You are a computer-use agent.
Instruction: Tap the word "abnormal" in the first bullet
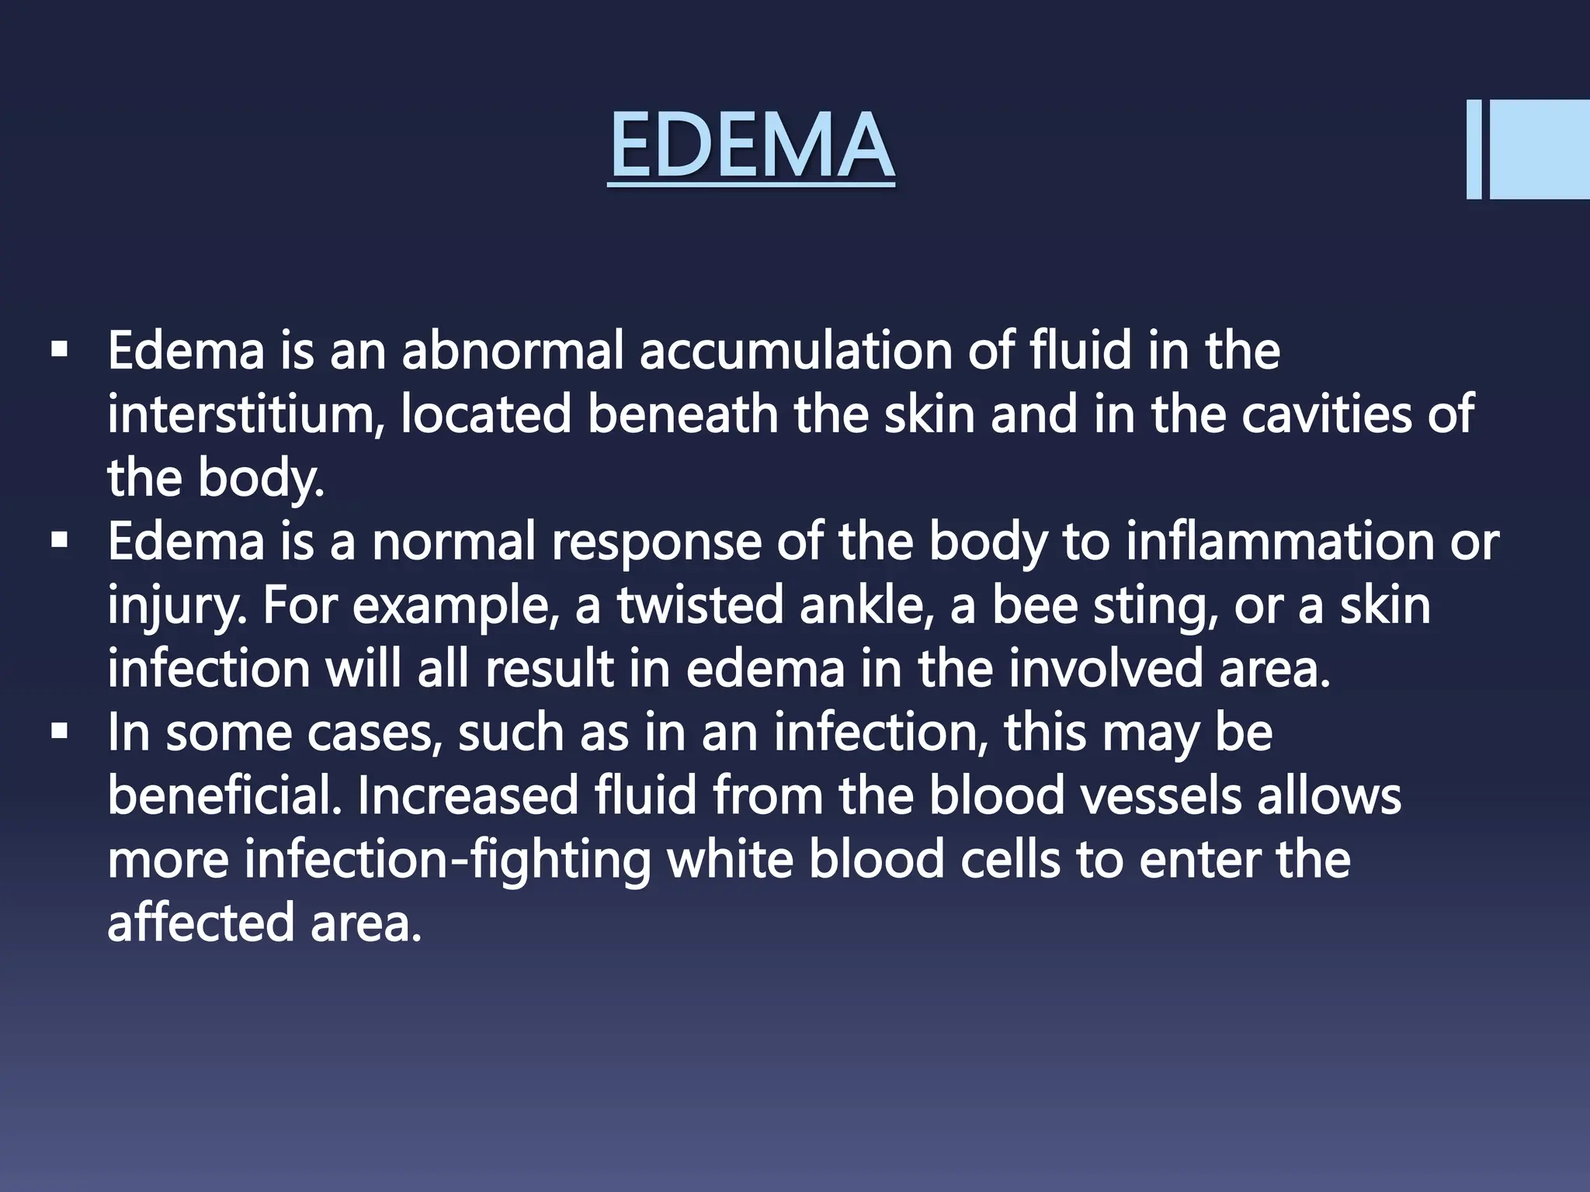coord(513,352)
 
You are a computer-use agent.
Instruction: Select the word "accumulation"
coord(797,352)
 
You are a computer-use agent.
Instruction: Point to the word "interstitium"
coord(245,415)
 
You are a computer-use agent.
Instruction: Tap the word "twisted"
coord(701,606)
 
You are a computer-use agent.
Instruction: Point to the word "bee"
coord(1034,606)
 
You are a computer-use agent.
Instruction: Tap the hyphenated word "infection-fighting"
coord(447,861)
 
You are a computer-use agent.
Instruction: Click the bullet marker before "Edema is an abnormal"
coord(58,350)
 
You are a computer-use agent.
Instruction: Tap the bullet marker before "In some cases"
coord(58,732)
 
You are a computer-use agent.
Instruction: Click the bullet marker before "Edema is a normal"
coord(58,541)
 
